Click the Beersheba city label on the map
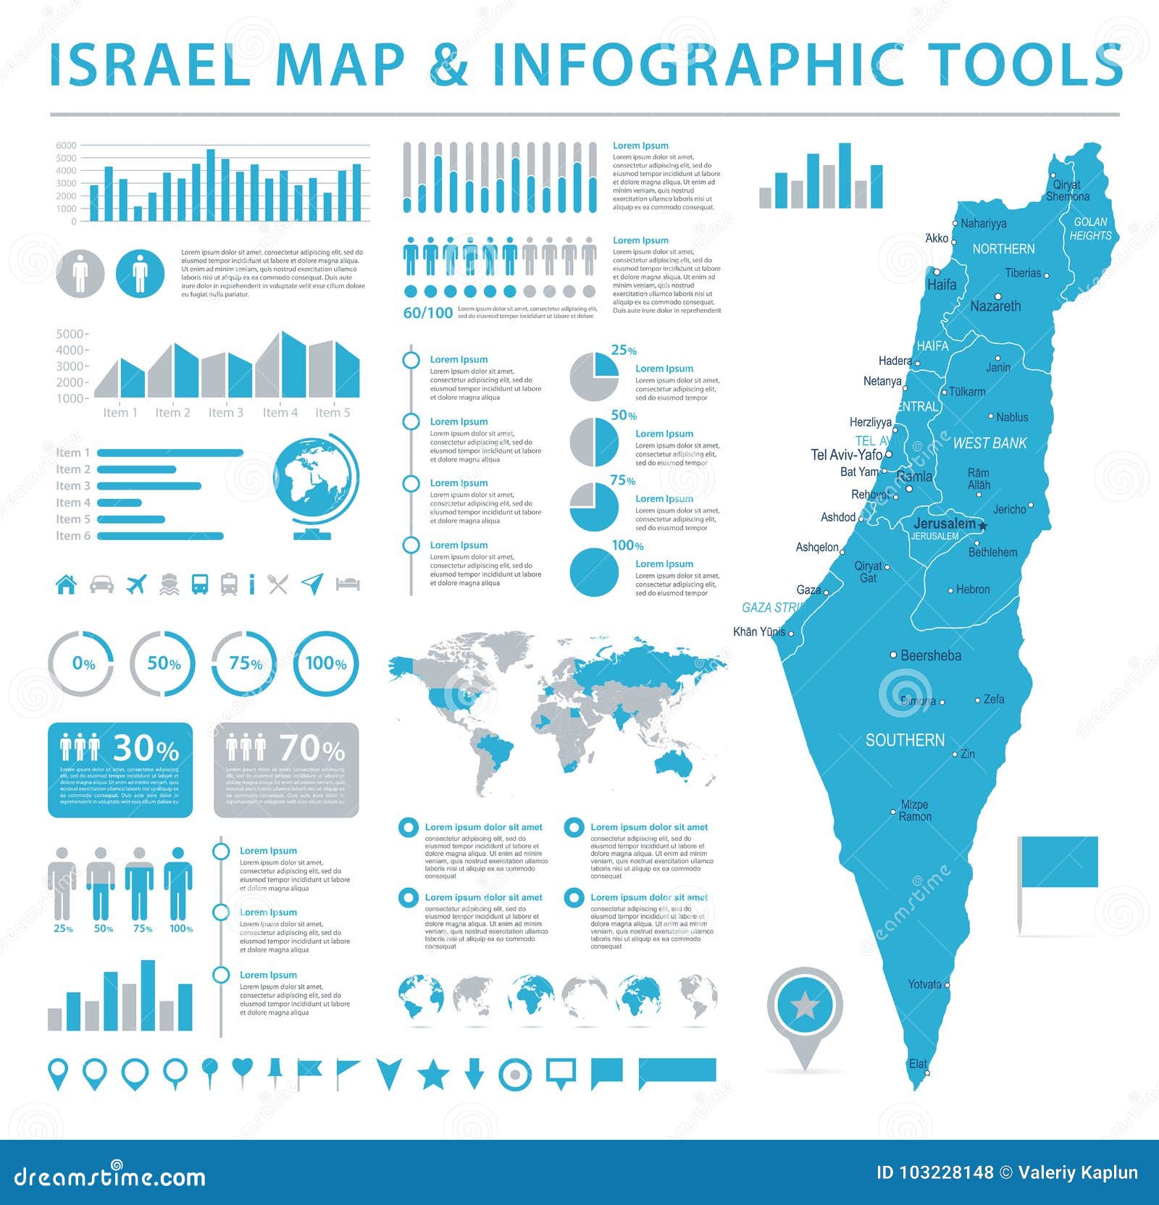930,655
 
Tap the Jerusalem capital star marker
983,525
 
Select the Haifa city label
941,285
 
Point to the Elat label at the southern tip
918,1064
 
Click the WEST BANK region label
989,443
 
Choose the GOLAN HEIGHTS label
1090,229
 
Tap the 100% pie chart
594,572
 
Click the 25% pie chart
594,377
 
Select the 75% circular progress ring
244,663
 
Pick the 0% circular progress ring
81,663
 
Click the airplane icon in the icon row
136,584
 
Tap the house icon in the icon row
66,584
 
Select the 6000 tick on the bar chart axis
66,146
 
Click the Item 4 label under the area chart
280,413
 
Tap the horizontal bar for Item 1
170,453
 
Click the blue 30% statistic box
120,770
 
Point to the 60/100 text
427,313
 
